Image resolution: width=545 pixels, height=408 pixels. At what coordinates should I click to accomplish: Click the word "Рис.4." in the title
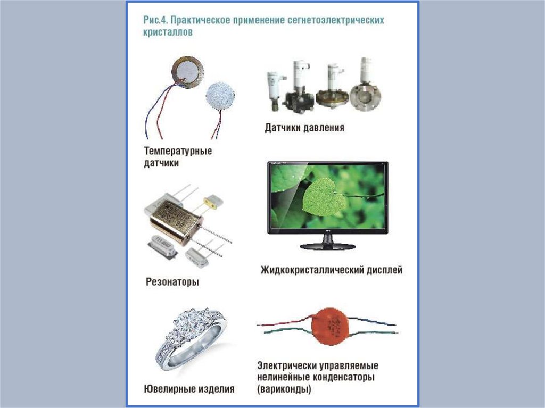155,20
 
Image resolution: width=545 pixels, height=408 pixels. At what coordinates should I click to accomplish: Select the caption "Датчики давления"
304,128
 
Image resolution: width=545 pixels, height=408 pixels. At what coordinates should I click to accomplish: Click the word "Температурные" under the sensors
178,151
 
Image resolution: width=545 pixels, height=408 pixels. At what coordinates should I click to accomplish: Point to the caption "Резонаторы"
172,281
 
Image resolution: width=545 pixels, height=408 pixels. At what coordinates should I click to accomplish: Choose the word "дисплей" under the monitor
385,270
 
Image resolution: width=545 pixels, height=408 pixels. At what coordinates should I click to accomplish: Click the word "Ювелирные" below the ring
166,389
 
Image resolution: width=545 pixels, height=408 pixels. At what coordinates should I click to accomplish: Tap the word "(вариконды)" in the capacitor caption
284,389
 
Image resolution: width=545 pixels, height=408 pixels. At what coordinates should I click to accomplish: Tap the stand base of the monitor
327,246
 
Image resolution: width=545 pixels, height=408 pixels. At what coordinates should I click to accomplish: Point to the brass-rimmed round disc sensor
187,72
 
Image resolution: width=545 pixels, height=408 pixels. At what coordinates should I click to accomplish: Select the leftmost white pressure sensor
276,90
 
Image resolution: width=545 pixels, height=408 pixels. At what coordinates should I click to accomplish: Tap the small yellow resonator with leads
211,202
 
